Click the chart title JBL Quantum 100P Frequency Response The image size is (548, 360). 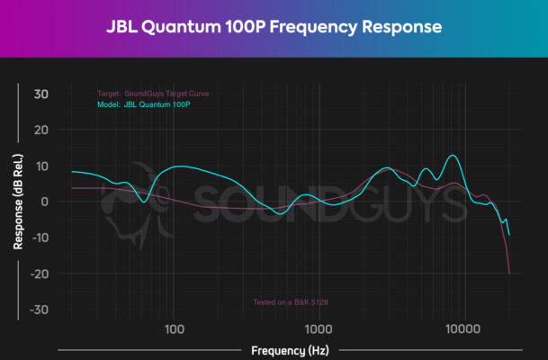[x=274, y=27]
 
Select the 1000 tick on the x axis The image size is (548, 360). [x=319, y=328]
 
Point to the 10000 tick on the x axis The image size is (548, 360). [x=463, y=328]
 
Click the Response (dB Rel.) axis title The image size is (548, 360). [x=18, y=202]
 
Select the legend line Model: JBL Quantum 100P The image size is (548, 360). [x=144, y=104]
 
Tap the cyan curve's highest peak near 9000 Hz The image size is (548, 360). [x=454, y=156]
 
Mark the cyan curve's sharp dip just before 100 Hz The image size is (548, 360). [x=144, y=202]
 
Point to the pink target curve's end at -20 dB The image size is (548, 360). [x=509, y=273]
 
